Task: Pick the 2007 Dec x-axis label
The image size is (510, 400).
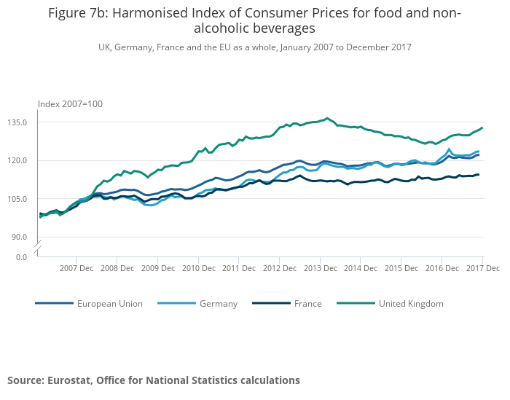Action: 76,268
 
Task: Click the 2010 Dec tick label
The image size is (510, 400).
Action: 199,268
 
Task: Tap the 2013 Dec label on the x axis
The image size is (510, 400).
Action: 321,268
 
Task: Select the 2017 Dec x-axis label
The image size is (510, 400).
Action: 483,268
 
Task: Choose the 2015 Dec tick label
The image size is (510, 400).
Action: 402,268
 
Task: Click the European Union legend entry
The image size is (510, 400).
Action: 109,304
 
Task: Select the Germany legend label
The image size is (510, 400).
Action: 218,304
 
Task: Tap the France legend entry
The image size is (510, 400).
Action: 307,304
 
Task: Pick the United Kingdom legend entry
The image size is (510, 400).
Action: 410,304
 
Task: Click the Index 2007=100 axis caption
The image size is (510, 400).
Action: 70,104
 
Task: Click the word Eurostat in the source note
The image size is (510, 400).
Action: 71,380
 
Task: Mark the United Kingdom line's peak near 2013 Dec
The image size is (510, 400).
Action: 327,118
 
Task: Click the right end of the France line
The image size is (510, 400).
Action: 479,174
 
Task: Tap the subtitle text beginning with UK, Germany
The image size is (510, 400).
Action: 255,47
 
